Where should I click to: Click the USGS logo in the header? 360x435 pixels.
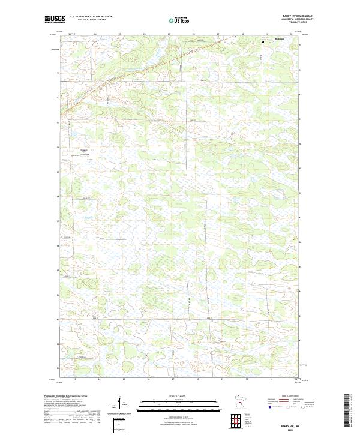click(x=53, y=20)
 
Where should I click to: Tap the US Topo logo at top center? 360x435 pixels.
click(x=179, y=20)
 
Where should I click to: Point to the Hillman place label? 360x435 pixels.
click(x=279, y=40)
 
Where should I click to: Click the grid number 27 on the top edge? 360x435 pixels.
click(x=170, y=34)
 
